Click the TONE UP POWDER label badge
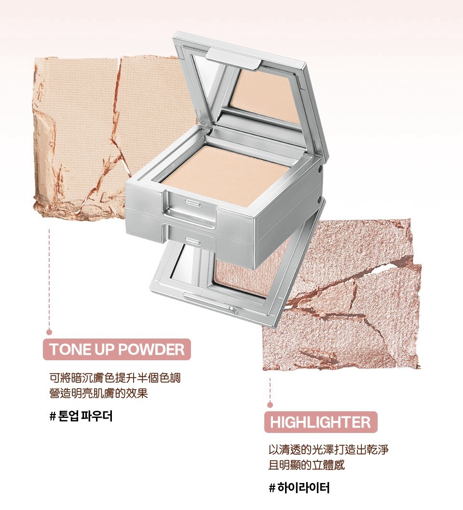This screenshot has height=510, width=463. [x=117, y=349]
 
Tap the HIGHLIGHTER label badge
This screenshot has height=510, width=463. [x=320, y=422]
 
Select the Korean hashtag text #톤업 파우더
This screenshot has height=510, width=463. [x=81, y=416]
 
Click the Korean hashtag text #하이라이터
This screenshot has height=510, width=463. [x=299, y=488]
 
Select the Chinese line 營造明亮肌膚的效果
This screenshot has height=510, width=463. [x=98, y=393]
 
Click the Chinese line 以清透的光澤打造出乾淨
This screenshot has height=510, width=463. [x=328, y=450]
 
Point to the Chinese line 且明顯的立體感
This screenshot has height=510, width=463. [x=307, y=465]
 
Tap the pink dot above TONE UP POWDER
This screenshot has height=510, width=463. [x=49, y=332]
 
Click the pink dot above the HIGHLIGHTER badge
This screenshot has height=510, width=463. [x=270, y=405]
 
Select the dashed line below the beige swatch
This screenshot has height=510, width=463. [x=49, y=279]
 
